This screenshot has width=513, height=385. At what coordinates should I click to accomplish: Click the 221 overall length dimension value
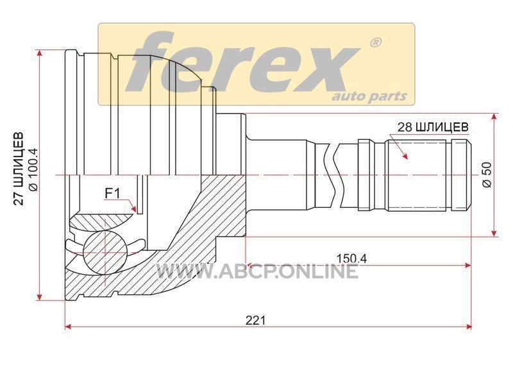[256, 320]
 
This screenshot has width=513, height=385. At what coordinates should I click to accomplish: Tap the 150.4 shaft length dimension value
[352, 259]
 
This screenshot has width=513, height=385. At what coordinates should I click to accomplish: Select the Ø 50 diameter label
[487, 175]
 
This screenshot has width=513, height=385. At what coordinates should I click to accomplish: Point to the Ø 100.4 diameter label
[33, 169]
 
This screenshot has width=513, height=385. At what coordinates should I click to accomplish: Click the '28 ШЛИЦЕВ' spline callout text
[432, 126]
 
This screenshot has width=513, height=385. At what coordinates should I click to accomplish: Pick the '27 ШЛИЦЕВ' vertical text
[19, 168]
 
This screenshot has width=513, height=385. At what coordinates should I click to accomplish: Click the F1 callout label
[112, 194]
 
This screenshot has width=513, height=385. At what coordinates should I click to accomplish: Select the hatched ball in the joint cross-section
[105, 252]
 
